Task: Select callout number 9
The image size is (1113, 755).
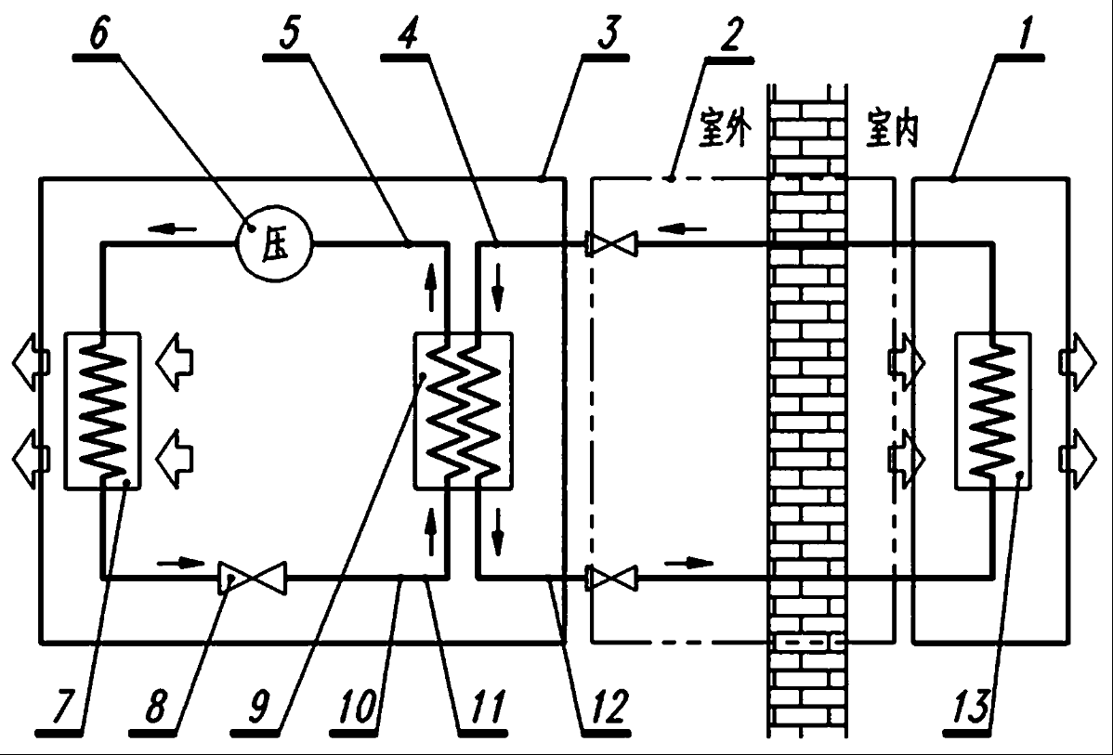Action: [x=259, y=706]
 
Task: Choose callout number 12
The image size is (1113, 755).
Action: [x=609, y=706]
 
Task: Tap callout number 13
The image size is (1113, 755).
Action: [x=970, y=706]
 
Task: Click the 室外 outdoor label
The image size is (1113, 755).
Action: [x=725, y=128]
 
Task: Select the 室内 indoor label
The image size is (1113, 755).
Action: [x=892, y=128]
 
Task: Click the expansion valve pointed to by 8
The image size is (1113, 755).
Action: [x=253, y=579]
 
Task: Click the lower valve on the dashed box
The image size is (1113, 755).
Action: [x=612, y=579]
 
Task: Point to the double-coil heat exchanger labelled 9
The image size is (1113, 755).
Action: [x=463, y=410]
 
